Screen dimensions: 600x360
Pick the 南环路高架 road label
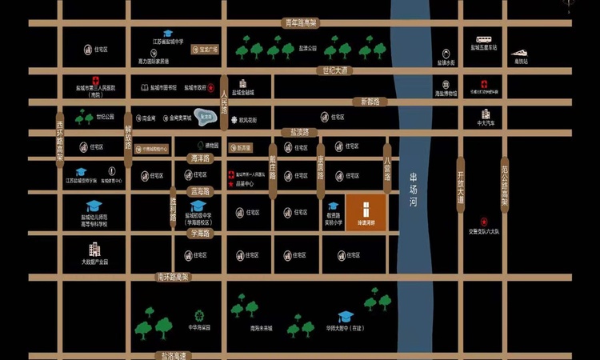click(172, 277)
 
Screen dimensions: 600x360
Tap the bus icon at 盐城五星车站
click(483, 39)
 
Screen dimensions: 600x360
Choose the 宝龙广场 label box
click(206, 50)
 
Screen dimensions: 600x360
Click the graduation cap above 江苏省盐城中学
click(169, 33)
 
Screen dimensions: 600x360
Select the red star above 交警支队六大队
click(484, 222)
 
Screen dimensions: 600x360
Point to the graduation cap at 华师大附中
click(345, 316)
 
